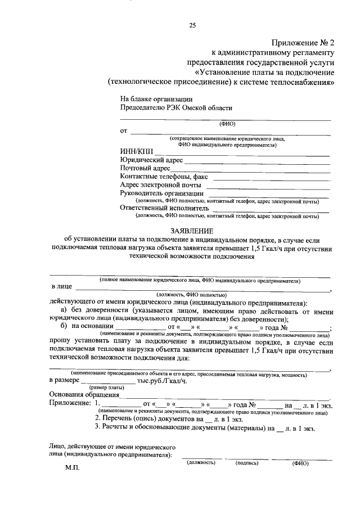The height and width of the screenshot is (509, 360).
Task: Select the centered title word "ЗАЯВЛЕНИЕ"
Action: click(192, 231)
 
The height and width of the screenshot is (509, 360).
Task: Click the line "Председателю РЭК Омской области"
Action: click(175, 107)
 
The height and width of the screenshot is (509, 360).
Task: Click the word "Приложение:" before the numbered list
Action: click(70, 403)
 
